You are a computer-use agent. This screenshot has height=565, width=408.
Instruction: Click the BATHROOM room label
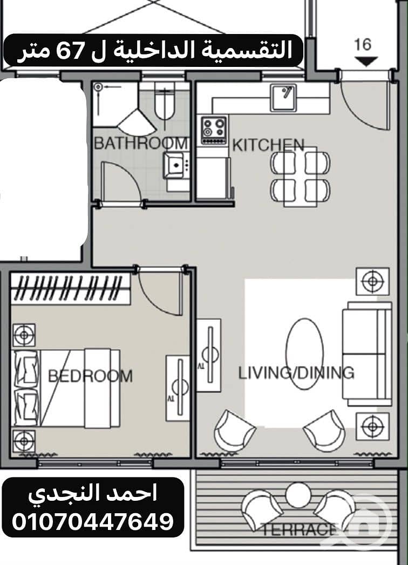[141, 143]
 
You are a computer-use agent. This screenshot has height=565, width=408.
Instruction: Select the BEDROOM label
[90, 376]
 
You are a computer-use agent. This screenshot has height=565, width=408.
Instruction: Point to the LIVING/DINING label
[296, 372]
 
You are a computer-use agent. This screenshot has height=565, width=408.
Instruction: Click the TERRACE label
[298, 530]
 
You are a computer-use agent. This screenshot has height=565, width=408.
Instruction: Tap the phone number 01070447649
[93, 521]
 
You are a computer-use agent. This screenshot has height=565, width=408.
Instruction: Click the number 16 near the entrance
[363, 44]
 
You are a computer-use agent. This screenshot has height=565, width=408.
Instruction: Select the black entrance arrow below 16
[366, 62]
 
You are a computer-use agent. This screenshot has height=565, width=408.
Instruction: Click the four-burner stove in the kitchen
[214, 130]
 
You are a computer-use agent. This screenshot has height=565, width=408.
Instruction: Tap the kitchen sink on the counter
[283, 98]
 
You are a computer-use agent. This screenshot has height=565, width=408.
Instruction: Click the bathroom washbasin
[175, 166]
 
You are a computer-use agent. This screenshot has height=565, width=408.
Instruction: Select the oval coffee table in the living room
[304, 354]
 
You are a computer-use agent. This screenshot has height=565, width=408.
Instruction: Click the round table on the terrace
[298, 495]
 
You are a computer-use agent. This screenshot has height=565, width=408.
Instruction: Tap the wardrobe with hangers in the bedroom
[71, 288]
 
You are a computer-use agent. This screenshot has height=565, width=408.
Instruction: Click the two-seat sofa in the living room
[366, 354]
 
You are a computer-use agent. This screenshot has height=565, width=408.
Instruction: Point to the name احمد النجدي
[93, 494]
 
